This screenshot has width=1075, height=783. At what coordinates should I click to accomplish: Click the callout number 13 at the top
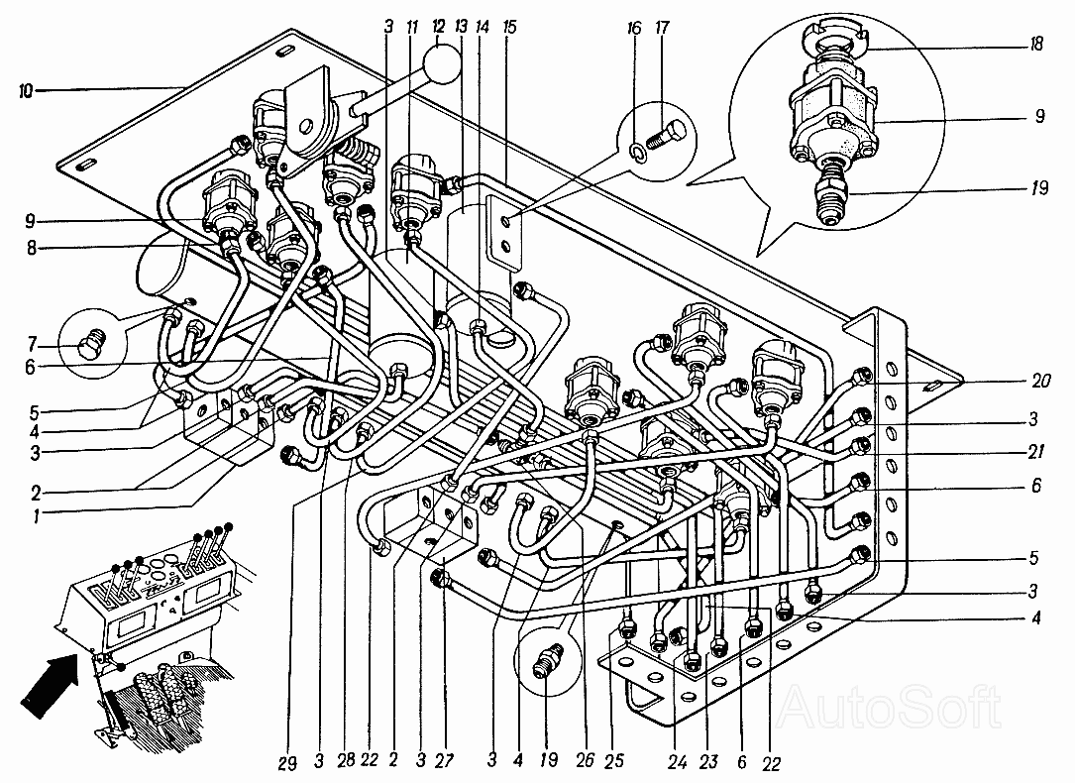[460, 27]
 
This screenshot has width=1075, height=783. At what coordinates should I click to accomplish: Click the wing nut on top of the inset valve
[832, 42]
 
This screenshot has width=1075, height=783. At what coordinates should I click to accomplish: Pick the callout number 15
[510, 27]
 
